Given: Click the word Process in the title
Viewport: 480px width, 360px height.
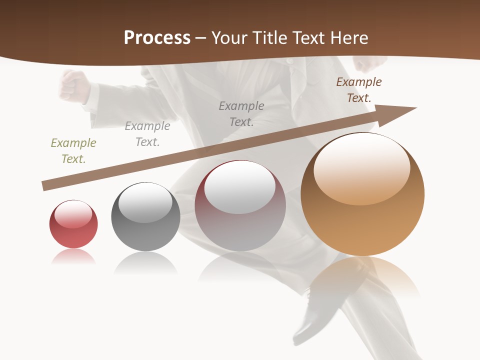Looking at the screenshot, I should tap(157, 38).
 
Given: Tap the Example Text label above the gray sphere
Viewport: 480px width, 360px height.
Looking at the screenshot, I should tap(147, 134).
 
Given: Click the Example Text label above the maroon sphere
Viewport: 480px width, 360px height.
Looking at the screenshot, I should tap(241, 114).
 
